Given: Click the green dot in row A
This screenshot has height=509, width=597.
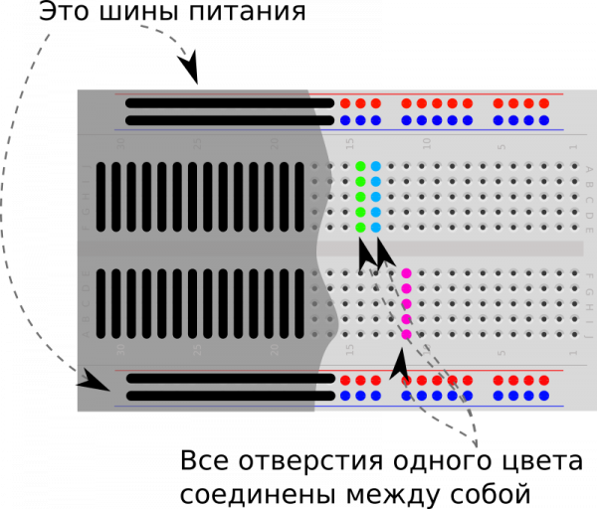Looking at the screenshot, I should (360, 166).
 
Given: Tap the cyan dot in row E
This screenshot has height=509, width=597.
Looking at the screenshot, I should (375, 228).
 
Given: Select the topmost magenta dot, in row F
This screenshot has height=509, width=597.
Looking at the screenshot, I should (406, 273).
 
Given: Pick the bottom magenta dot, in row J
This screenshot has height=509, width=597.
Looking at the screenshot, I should (406, 334).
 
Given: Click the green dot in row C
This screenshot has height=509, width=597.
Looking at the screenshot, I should (360, 197).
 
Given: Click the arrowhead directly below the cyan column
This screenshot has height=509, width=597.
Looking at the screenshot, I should (383, 253).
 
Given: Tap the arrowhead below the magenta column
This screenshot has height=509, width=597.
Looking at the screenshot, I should (400, 364).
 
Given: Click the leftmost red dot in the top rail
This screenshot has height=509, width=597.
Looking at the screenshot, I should (345, 103).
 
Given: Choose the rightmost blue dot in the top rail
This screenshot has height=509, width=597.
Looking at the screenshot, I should (543, 120).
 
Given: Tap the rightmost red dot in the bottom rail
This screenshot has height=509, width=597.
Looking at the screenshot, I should (543, 380).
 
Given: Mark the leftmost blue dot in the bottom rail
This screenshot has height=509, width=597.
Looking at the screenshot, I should (345, 396).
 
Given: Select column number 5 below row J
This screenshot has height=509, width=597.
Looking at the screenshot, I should (501, 352).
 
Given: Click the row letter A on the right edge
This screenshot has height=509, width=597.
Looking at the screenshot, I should (588, 168).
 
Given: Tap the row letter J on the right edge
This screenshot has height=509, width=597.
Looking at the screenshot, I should (588, 335).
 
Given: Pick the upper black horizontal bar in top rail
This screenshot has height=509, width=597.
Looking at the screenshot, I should (230, 103).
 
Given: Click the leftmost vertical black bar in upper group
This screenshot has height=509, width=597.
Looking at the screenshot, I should (100, 197).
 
